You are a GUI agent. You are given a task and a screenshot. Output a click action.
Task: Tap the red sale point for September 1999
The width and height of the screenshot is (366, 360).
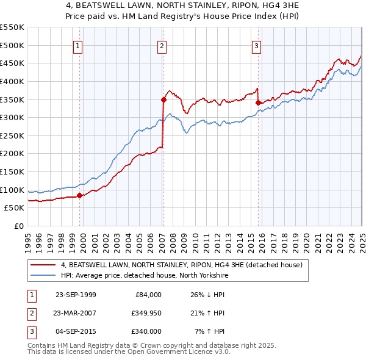pos(80,195)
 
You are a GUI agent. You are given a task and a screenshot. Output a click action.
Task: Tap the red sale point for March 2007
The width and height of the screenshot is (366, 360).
pos(163,99)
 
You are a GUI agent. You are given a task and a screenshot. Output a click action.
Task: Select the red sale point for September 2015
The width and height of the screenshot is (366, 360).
pos(258,103)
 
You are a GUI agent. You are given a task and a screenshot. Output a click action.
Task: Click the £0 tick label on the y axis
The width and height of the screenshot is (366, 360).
pos(18,226)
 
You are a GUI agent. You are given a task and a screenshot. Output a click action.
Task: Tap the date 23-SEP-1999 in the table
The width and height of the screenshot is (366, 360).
pos(76,295)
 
